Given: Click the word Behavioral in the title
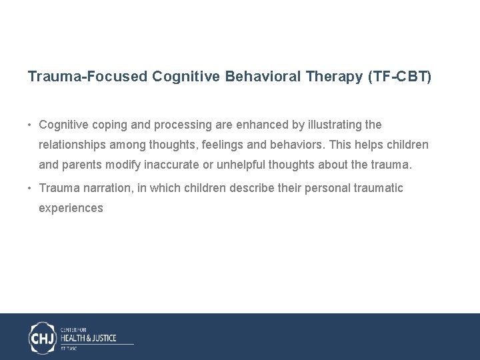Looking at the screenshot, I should [263, 77].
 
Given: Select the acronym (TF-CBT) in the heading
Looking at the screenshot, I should [399, 77].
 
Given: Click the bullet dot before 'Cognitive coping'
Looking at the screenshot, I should [31, 125].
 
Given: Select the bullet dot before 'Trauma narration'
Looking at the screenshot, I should [31, 189].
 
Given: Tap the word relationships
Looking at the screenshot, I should [72, 145].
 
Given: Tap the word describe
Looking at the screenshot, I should [252, 188].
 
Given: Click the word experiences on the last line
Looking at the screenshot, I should [71, 208].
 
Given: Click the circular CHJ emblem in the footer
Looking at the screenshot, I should [43, 337].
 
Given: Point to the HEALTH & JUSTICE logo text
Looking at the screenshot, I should [89, 338].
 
